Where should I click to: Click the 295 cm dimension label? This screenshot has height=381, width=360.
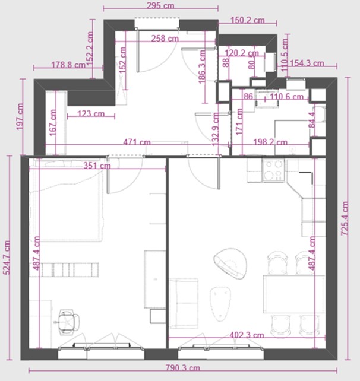[160, 5]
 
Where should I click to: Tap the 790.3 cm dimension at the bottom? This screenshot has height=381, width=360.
[183, 367]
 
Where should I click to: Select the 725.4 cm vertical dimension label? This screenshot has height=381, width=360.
[345, 218]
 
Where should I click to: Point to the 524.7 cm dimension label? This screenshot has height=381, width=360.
[7, 258]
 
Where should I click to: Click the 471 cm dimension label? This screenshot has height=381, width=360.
[137, 142]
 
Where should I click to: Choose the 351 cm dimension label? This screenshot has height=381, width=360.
[97, 166]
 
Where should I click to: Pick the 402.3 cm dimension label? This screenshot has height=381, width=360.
[247, 335]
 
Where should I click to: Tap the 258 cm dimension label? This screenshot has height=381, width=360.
[165, 39]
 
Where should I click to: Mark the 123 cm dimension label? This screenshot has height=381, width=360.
[91, 113]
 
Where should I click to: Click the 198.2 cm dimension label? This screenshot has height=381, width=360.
[270, 142]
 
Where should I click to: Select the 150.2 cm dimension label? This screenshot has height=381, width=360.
[247, 20]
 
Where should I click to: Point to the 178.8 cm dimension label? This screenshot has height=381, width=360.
[68, 65]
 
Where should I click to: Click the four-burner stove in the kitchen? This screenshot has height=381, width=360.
[273, 170]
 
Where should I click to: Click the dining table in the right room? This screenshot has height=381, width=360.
[294, 294]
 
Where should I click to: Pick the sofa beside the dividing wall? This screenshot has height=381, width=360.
[184, 303]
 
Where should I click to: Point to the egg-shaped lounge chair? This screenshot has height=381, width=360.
[230, 263]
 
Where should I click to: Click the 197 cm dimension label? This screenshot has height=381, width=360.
[20, 117]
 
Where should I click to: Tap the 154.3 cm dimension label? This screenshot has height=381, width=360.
[307, 63]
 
